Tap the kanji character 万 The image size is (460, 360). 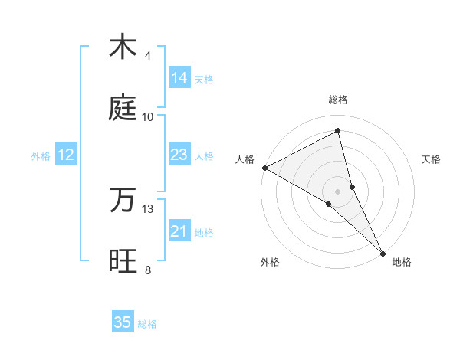[123, 200]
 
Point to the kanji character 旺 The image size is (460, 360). [123, 261]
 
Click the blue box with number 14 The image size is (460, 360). [179, 78]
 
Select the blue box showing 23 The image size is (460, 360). [179, 155]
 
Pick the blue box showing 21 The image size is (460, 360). [179, 231]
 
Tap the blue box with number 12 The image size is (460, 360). [66, 155]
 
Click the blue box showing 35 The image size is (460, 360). [123, 322]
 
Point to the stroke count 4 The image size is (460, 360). [148, 56]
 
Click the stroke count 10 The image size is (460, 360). [148, 117]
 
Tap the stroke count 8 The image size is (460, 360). [148, 270]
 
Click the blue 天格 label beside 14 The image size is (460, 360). [204, 79]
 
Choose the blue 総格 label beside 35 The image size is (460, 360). [147, 324]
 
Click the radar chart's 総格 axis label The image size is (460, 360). [338, 100]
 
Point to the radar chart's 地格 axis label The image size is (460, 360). [402, 262]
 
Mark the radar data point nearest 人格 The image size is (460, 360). [264, 167]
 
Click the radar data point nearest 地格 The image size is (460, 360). [383, 252]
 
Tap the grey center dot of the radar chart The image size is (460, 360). [338, 191]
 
